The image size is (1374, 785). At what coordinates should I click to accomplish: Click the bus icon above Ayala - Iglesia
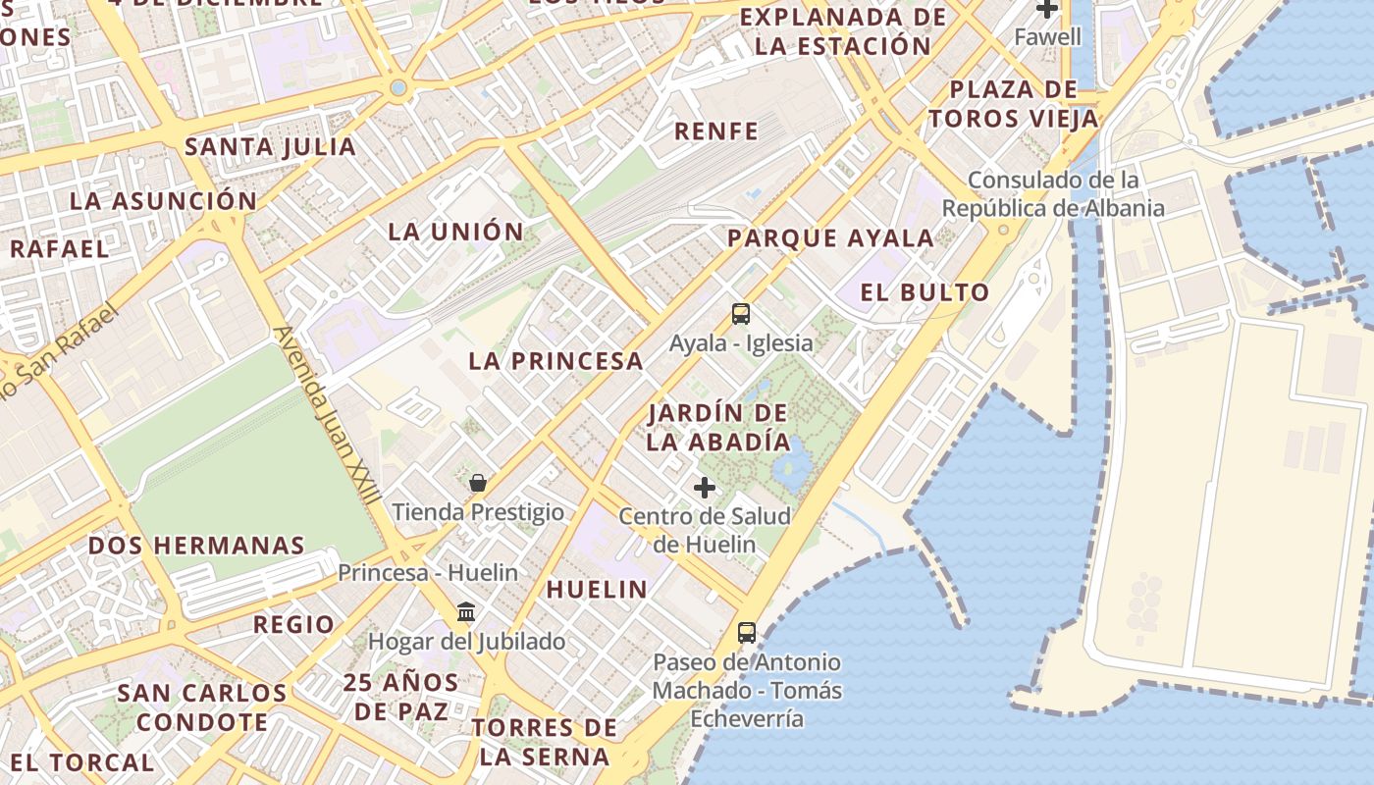coord(741,314)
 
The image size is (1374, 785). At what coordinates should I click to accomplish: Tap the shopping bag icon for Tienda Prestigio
coord(478,483)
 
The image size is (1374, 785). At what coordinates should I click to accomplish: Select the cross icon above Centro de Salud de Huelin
coord(705,487)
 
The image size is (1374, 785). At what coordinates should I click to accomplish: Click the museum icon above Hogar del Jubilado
coord(466,613)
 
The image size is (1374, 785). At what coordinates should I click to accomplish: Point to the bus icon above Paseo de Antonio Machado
coord(747,632)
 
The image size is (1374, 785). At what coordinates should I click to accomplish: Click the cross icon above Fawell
coord(1047,9)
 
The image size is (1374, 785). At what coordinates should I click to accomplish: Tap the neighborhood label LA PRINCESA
coord(555,361)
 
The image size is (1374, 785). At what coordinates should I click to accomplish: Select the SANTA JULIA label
coord(270,147)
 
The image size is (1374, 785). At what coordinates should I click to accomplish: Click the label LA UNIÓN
coord(455,233)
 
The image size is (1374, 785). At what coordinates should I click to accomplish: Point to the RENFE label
coord(716,131)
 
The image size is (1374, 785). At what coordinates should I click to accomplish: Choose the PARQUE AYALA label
coord(830,238)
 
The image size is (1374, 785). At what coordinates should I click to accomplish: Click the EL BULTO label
coord(925,292)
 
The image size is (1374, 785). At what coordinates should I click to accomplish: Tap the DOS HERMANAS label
coord(196,546)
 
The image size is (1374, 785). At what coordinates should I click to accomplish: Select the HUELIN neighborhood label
coord(597,590)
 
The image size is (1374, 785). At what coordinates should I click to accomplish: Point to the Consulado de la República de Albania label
coord(1053,194)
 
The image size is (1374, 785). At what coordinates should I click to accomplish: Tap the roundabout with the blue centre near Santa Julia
coord(397,88)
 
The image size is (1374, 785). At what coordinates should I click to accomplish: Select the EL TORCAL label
coord(82,762)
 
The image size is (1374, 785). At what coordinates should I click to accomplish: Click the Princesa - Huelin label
coord(428,572)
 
